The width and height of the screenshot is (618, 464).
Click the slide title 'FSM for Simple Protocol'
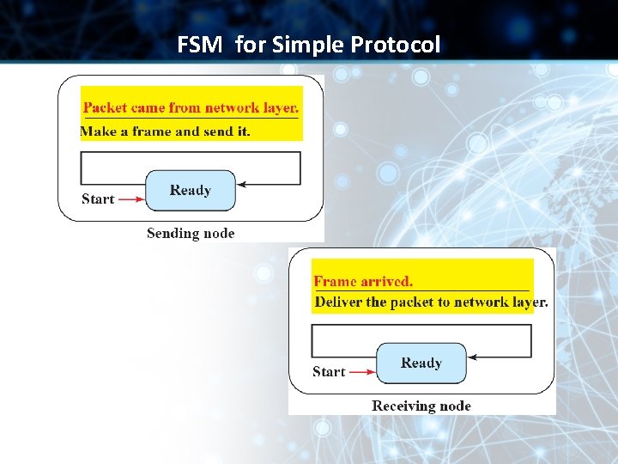pos(308,44)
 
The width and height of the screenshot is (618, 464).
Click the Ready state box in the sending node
pos(190,191)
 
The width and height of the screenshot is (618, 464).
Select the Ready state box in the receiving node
pos(421,363)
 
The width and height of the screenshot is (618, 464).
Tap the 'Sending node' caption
pos(191,233)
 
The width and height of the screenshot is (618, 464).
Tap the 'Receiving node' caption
pos(421,406)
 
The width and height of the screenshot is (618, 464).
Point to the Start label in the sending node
pos(98,199)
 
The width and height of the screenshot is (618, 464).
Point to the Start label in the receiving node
pos(329,372)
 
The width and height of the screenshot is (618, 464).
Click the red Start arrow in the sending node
pos(130,199)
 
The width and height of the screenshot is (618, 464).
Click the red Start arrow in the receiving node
pos(361,372)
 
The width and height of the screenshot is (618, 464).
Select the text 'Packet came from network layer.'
pos(191,108)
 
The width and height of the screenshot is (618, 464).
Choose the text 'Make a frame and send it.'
pos(165,131)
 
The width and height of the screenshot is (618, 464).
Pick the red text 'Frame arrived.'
pos(363,281)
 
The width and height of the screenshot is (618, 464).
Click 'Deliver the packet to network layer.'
pos(431,302)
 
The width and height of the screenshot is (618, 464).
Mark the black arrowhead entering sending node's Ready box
pos(242,184)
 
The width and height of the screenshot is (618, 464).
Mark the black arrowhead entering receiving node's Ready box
pos(473,357)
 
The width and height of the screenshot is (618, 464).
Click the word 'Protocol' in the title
pos(398,44)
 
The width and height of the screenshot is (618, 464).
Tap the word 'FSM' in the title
pos(199,44)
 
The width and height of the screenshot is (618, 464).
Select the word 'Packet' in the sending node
pos(105,108)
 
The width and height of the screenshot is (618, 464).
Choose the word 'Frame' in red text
pos(336,281)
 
